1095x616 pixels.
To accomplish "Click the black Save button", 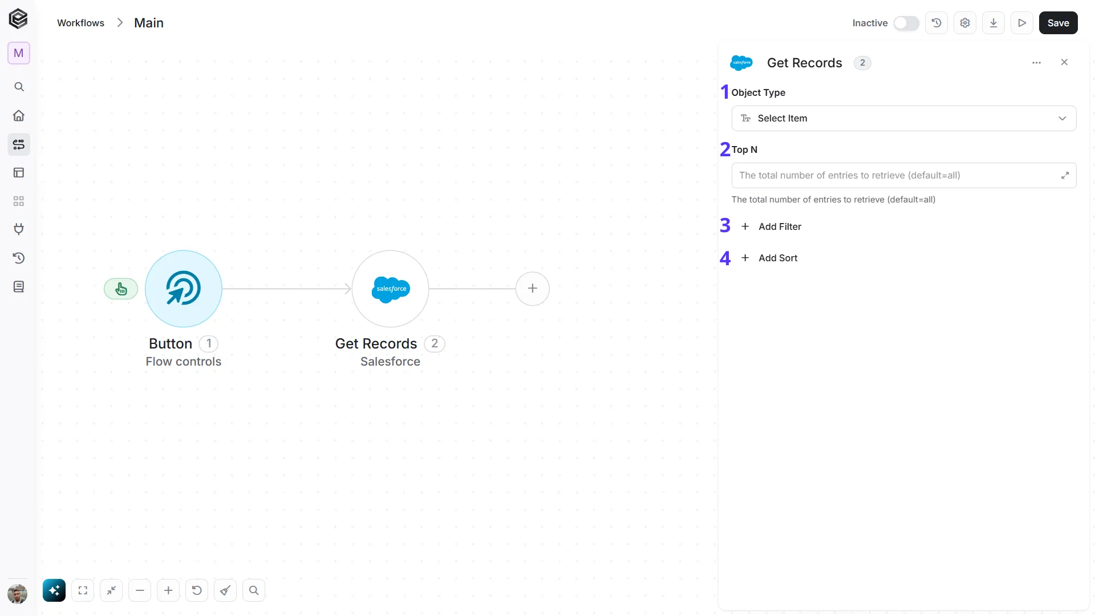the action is [1058, 23].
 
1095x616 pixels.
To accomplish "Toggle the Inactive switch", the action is [906, 23].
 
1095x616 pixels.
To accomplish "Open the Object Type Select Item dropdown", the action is [904, 118].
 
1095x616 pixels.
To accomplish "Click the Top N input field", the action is [895, 175].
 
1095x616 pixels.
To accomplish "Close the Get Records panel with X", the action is [1064, 62].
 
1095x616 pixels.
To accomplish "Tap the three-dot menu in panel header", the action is [1036, 63].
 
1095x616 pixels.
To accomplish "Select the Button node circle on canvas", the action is [184, 289].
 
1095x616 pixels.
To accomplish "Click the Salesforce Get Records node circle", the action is [390, 289].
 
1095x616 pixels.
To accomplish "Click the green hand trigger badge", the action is [121, 289].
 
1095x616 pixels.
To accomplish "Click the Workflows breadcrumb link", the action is [80, 23].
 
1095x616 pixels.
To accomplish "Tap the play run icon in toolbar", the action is [1022, 23].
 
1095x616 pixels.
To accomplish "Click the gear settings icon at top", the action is [965, 23].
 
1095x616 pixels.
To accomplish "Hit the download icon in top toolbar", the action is [993, 23].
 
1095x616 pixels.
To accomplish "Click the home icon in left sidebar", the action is [19, 116].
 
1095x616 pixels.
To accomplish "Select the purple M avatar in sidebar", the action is [19, 53].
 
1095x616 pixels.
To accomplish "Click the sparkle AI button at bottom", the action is [54, 590].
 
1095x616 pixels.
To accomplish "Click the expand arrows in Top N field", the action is [1065, 175].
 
